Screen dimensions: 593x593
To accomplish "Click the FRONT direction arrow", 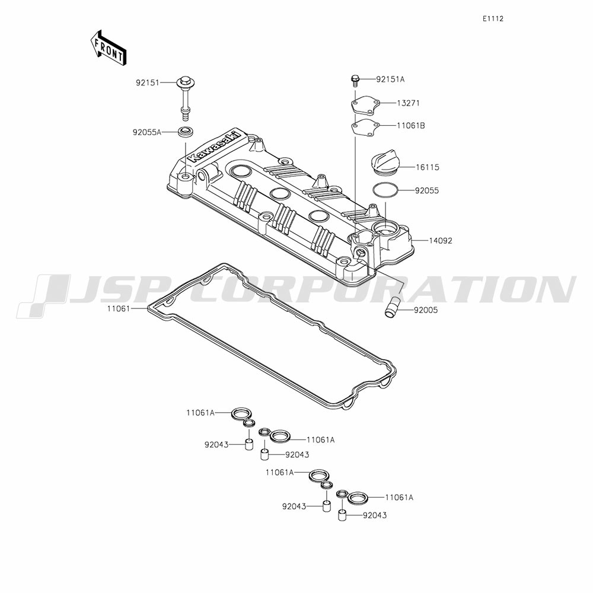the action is [x=108, y=47].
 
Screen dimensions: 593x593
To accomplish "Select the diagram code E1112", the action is [x=493, y=19].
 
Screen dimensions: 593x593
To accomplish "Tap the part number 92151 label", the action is [x=148, y=82].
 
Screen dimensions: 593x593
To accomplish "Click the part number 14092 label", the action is [x=441, y=241].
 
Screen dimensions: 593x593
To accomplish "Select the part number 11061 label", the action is [x=119, y=308].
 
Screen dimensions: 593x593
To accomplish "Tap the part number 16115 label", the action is [x=428, y=167].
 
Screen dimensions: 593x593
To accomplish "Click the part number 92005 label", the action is [x=425, y=310].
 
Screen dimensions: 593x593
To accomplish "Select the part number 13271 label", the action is [x=408, y=103].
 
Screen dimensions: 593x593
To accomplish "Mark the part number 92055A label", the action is [x=146, y=132].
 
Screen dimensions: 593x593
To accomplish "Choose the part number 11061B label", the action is [x=411, y=126].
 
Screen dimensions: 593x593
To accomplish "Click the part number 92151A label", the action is [x=390, y=79].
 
